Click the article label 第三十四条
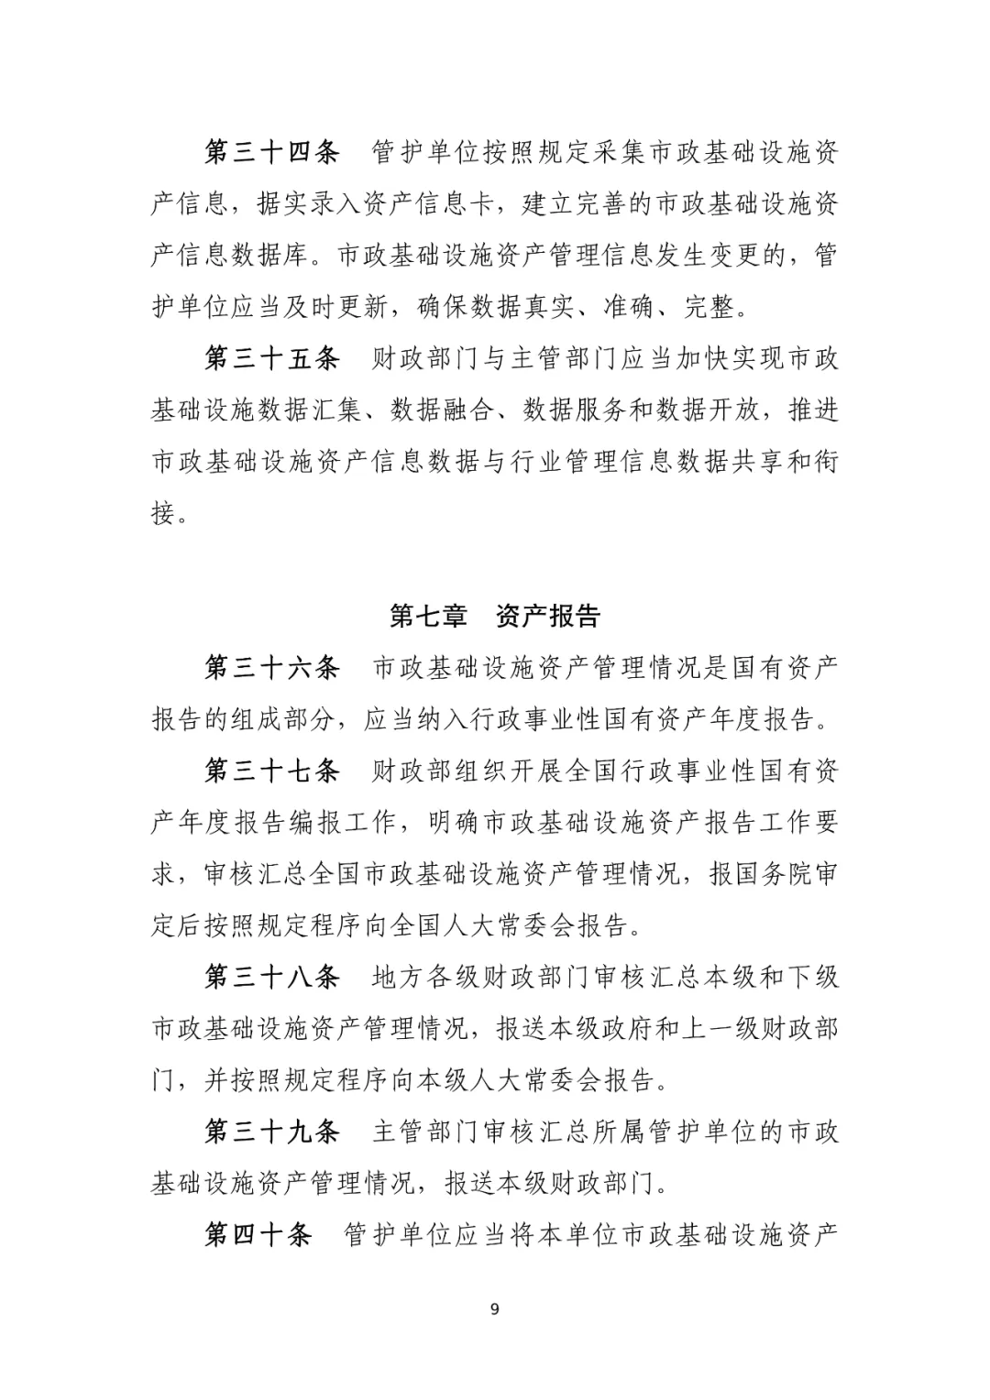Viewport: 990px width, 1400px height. (x=271, y=152)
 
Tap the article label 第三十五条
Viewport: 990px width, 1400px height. (x=271, y=358)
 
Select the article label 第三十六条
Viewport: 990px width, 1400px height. (x=271, y=667)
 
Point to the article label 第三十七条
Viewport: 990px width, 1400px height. (x=271, y=771)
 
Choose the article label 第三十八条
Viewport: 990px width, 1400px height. (x=271, y=977)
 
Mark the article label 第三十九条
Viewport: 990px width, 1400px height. (x=271, y=1132)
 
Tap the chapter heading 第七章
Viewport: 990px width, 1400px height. (x=428, y=616)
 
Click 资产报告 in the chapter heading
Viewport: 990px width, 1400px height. (x=547, y=616)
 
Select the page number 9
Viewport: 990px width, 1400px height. (x=495, y=1308)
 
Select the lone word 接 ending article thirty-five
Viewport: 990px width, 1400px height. (x=163, y=513)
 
